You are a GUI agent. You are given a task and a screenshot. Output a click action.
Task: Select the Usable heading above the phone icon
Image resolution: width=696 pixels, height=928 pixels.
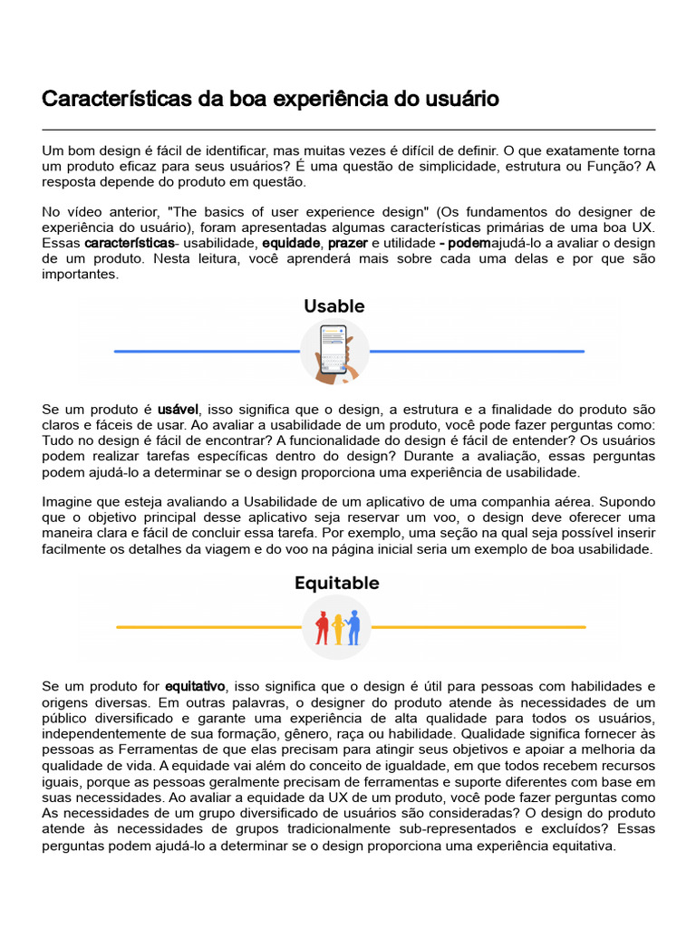click(x=334, y=306)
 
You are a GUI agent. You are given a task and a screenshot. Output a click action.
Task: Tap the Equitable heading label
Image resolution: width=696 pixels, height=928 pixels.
click(x=336, y=583)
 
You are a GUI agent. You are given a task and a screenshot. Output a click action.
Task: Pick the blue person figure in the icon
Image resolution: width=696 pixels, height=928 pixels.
click(x=353, y=626)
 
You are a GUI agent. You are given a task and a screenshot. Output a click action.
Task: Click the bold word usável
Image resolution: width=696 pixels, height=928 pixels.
click(x=178, y=411)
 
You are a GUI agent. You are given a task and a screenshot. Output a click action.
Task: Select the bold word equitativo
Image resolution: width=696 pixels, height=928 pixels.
click(x=195, y=686)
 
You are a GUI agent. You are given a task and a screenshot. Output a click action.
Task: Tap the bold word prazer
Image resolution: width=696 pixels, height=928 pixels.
click(x=348, y=244)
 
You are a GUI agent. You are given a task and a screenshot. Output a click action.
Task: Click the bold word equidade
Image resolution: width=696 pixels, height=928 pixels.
click(x=291, y=244)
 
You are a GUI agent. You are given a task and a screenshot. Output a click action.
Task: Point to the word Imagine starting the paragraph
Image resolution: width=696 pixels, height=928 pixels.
click(x=69, y=502)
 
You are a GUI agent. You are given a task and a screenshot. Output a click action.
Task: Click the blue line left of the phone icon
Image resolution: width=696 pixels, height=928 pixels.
click(x=207, y=351)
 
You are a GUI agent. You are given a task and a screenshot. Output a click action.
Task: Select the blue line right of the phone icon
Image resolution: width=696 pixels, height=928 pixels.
click(x=477, y=351)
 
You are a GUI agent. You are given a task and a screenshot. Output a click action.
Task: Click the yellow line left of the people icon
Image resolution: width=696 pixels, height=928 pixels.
click(x=208, y=627)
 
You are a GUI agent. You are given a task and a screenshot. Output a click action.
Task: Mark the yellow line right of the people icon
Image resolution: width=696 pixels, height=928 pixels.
click(x=478, y=627)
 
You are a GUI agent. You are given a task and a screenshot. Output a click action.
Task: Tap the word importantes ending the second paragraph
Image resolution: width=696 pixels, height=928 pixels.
click(x=80, y=275)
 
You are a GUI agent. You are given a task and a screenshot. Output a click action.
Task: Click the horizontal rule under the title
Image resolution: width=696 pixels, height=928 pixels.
click(x=348, y=130)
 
